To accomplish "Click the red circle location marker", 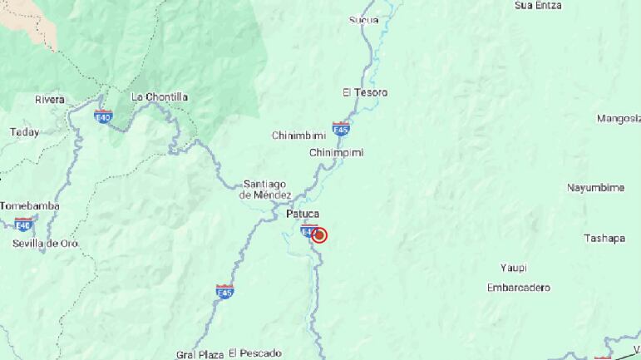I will [x=319, y=235].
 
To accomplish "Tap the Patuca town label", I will [x=303, y=215].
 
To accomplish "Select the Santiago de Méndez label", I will [x=265, y=190].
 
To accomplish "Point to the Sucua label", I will [x=363, y=20].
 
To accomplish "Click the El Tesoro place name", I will [x=365, y=92].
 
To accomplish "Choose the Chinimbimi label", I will [x=298, y=135].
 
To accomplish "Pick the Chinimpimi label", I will [x=337, y=153].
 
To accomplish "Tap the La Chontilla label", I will [x=160, y=96].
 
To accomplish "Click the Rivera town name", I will [x=50, y=100].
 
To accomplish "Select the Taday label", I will [x=24, y=132].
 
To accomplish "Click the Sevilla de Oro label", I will [x=46, y=244].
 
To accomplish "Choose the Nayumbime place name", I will [x=595, y=188].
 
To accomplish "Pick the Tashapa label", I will [x=604, y=239].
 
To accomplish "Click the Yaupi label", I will [x=514, y=268].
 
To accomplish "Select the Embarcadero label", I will [x=519, y=288].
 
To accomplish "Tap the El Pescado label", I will [x=255, y=353].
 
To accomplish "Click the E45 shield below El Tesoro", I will [x=340, y=129].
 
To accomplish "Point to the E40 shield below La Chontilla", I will [x=103, y=116].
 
